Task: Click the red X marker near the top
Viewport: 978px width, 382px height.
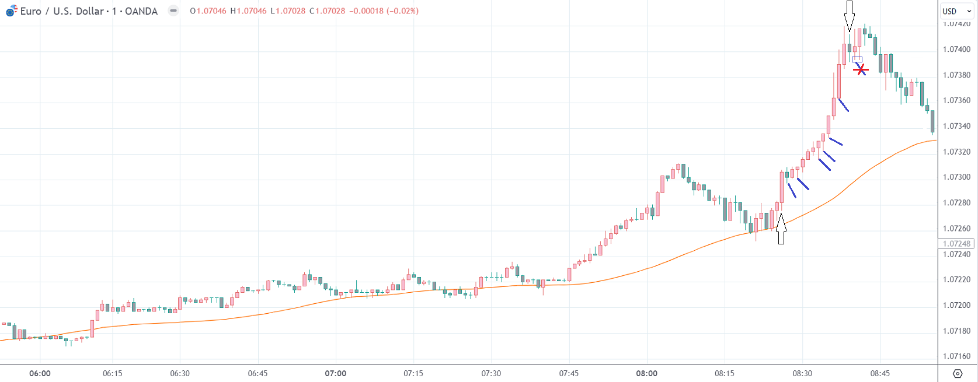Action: coord(860,70)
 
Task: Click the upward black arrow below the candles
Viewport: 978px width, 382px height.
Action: coord(781,229)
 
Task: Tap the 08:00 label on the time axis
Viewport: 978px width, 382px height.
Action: coord(646,373)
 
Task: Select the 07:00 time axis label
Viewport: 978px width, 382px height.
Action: coord(336,373)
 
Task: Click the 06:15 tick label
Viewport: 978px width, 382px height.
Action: coord(113,373)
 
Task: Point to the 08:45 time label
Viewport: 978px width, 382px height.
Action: coord(880,373)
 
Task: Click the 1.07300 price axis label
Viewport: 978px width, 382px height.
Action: coord(956,177)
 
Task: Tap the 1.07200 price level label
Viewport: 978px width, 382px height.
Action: coord(956,305)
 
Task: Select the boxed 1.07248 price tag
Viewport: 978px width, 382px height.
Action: coord(956,244)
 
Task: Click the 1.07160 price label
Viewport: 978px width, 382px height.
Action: coord(956,356)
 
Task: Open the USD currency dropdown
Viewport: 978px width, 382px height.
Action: coord(957,11)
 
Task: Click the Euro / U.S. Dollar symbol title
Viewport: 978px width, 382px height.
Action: coord(61,11)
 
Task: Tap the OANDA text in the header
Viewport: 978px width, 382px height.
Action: coord(141,11)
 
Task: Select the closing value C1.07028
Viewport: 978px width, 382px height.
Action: coord(328,11)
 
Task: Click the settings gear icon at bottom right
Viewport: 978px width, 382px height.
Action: coord(957,373)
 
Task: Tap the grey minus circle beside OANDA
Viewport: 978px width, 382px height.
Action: coord(173,10)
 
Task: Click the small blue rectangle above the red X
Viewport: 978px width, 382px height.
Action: coord(857,59)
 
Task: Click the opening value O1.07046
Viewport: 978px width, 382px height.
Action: coord(208,11)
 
